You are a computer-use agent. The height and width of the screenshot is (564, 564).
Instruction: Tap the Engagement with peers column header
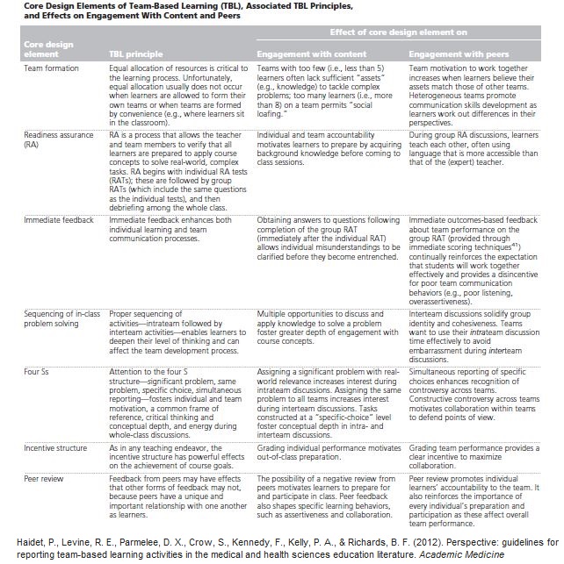tap(459, 54)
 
